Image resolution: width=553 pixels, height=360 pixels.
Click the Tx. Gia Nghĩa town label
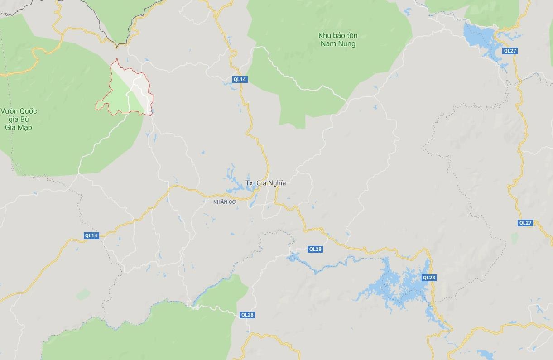(x=265, y=183)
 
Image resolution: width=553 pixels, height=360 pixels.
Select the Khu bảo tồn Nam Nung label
(x=337, y=39)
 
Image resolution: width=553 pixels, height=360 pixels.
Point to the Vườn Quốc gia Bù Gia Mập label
(x=19, y=119)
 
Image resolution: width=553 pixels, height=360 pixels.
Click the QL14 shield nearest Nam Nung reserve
(x=240, y=79)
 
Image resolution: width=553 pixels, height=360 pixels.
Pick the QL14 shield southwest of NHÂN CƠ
(x=91, y=235)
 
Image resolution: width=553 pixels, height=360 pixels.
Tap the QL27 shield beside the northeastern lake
(x=510, y=51)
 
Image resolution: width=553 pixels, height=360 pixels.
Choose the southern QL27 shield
(x=525, y=223)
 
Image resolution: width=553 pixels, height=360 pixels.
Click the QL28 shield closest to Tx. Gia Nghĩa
(x=315, y=249)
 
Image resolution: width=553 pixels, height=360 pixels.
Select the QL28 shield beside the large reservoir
(x=428, y=278)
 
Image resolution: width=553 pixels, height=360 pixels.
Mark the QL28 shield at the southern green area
(x=247, y=315)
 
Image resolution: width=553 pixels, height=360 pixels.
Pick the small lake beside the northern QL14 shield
(x=227, y=83)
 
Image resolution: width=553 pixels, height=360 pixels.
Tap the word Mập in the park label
(x=24, y=127)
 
